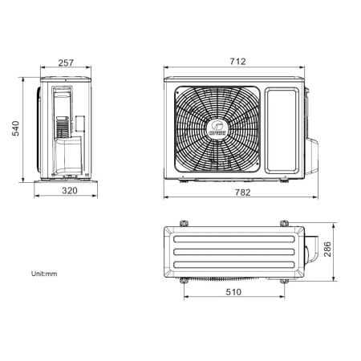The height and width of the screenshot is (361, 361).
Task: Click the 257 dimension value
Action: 66,63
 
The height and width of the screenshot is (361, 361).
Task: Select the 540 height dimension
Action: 16,128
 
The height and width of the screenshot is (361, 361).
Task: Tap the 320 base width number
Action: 70,191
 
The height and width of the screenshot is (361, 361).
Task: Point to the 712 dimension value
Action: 237,62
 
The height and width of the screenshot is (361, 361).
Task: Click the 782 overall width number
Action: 242,193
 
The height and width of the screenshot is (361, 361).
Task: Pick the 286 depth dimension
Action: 327,249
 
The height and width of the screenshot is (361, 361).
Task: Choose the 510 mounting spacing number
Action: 233,292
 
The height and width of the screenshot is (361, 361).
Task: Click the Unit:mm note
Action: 44,274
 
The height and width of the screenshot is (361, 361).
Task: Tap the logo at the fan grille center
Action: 217,128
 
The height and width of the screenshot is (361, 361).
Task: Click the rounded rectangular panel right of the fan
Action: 282,131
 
